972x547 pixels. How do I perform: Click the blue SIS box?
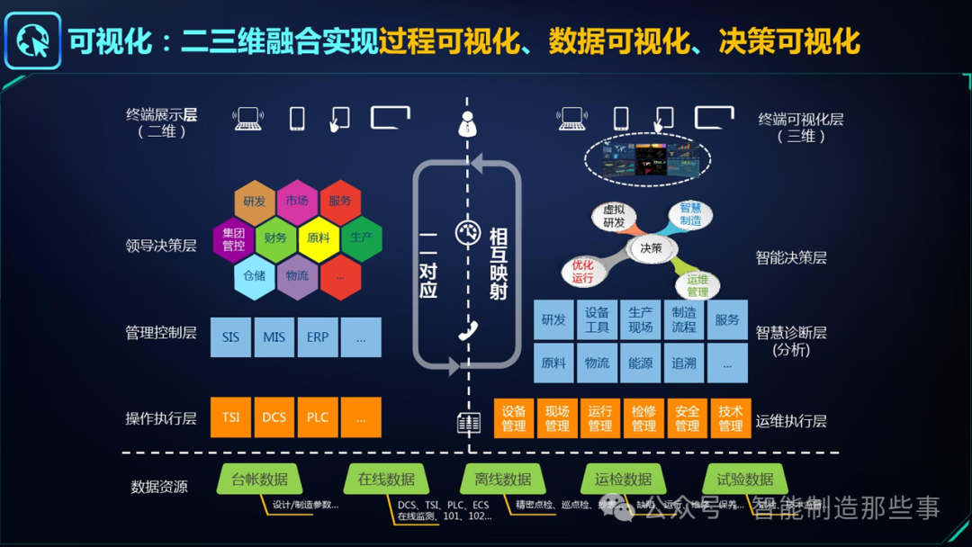(x=230, y=337)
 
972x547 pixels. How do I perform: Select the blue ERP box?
(x=318, y=337)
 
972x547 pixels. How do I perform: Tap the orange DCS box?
(x=274, y=417)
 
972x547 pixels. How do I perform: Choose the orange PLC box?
(x=318, y=417)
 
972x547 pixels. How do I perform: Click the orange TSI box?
(x=230, y=417)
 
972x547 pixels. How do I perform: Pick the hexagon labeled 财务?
(x=275, y=238)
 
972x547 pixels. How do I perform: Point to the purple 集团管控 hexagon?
(x=233, y=239)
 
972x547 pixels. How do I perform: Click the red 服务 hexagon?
(x=339, y=202)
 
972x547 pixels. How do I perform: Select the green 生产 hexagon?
(x=361, y=238)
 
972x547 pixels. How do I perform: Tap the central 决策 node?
(x=651, y=248)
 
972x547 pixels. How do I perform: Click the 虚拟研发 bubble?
(x=614, y=217)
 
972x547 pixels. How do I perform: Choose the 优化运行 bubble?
(x=582, y=271)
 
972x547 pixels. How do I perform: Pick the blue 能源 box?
(x=640, y=363)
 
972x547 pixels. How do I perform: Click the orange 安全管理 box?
(x=687, y=418)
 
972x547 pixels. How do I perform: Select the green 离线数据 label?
(x=502, y=480)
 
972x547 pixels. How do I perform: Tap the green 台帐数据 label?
(x=259, y=480)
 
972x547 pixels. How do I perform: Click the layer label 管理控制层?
(x=160, y=333)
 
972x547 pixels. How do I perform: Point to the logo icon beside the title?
(x=33, y=40)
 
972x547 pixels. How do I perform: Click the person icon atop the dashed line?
(x=467, y=123)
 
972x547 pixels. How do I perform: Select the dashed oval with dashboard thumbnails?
(x=647, y=160)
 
